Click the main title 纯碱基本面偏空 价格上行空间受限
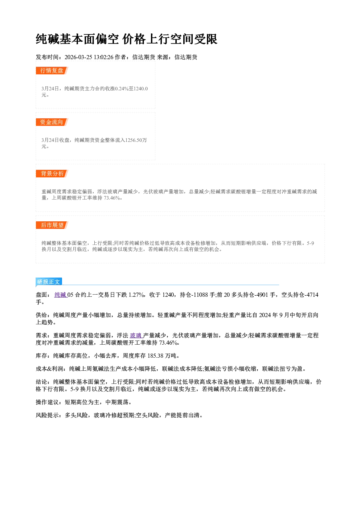tap(127, 39)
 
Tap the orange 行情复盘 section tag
tap(52, 70)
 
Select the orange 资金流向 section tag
tap(52, 122)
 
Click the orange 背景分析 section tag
tap(52, 174)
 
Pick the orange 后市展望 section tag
tap(52, 225)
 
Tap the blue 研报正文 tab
tap(49, 282)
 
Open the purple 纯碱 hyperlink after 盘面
tap(61, 295)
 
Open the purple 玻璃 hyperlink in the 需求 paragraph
tap(136, 335)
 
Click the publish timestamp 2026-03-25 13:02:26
tap(89, 57)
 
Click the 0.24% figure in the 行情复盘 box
tap(122, 89)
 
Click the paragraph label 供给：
tap(44, 315)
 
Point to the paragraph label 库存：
tap(44, 356)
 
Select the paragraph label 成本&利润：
tap(52, 369)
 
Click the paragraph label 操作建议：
tap(50, 402)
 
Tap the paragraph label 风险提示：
tap(50, 415)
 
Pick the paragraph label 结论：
tap(44, 382)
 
